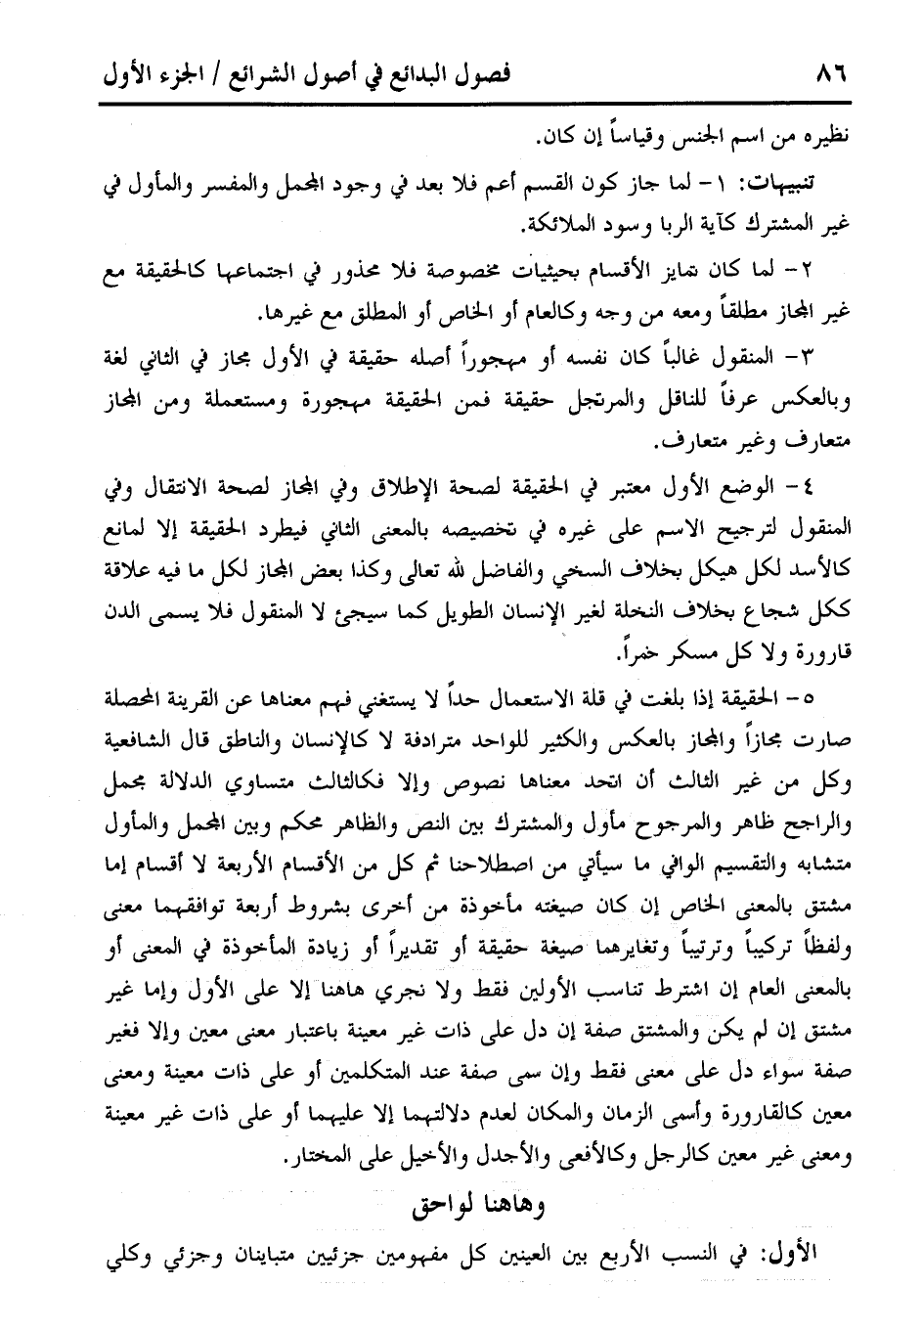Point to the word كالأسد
click(825, 572)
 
